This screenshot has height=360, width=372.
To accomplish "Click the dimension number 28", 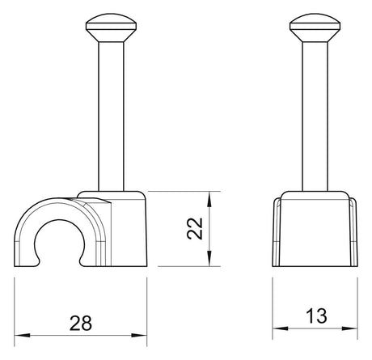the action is [x=81, y=323].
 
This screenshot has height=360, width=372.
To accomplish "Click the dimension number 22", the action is [x=195, y=228].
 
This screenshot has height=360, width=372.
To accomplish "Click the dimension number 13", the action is [x=316, y=316].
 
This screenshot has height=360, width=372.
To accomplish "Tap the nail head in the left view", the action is [x=111, y=28].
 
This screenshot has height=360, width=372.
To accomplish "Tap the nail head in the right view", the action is [x=315, y=28].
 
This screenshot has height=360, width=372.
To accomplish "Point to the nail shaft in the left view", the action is [x=111, y=116].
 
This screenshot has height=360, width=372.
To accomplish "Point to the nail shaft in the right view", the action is [x=315, y=116].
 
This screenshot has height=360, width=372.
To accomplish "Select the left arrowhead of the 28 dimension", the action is [x=22, y=336].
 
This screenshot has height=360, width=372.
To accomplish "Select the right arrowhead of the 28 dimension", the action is [x=139, y=336].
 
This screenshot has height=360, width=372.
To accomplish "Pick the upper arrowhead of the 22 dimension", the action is [x=209, y=199].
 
